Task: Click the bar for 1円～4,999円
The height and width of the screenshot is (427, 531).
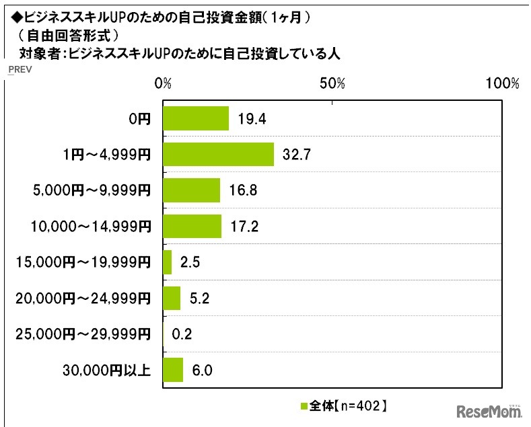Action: pos(218,155)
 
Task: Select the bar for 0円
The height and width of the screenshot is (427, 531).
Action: pos(196,119)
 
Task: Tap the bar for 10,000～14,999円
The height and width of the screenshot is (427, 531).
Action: pos(192,227)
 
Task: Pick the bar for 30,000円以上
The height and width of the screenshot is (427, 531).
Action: pos(173,370)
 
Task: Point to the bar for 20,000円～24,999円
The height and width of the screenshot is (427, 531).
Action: pos(172,298)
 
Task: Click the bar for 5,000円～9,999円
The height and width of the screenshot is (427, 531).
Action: pos(191,190)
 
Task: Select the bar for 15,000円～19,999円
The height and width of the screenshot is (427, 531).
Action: pos(167,262)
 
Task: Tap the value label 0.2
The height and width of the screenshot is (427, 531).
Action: pos(178,334)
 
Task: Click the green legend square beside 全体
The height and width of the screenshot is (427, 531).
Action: pos(303,406)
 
